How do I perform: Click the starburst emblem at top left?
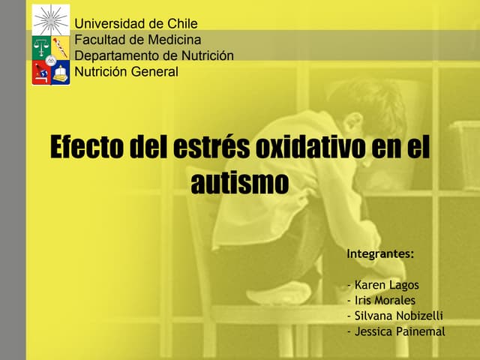click(x=51, y=18)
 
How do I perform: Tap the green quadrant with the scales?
click(x=41, y=47)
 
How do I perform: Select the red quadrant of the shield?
click(x=41, y=73)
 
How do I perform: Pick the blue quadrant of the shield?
click(x=60, y=73)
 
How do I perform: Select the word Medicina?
click(x=173, y=40)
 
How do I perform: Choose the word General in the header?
click(x=154, y=72)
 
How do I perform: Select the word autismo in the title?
click(x=239, y=182)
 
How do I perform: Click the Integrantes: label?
click(x=380, y=254)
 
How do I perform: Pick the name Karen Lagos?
click(x=386, y=285)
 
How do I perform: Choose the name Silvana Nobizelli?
click(x=398, y=316)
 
